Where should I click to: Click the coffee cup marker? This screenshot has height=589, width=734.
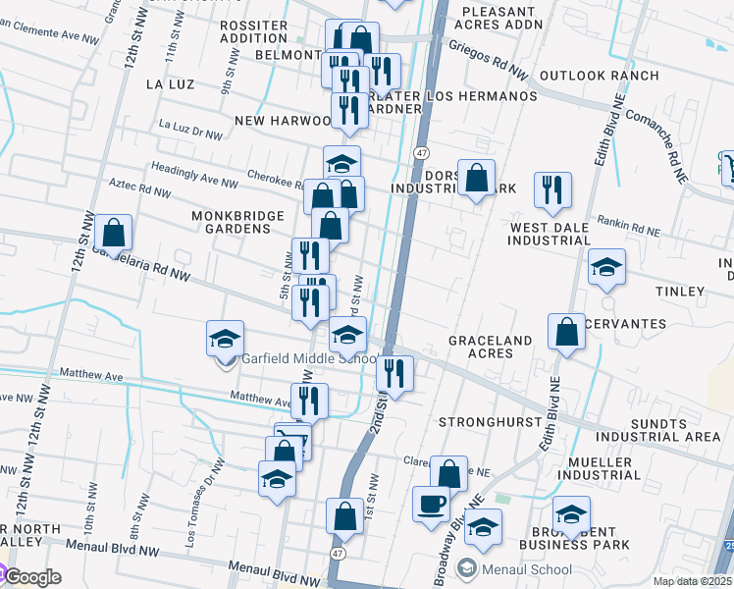click(431, 504)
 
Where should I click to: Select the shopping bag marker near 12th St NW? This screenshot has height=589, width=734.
click(114, 234)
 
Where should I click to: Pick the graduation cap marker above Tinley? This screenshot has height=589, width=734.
click(606, 266)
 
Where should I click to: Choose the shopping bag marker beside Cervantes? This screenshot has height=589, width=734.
click(567, 331)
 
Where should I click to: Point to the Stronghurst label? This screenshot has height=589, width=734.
click(490, 421)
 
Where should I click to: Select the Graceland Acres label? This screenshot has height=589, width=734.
click(490, 347)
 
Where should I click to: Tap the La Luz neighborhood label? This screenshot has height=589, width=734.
click(166, 84)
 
